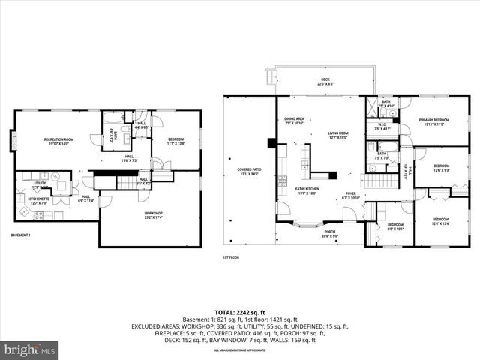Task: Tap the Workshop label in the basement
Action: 154,215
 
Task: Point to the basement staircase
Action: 107,181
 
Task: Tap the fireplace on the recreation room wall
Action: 13,139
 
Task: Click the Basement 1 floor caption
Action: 22,235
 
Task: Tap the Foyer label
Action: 350,195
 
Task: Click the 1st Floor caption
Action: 230,257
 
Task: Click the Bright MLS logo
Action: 30,349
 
